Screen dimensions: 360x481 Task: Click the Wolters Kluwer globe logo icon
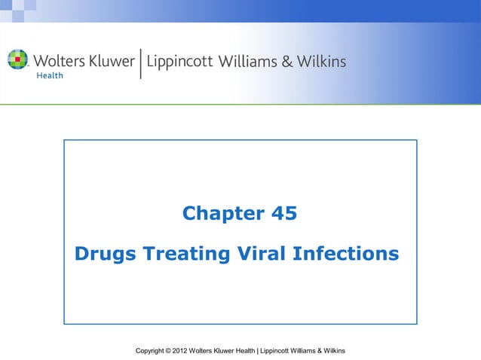point(17,59)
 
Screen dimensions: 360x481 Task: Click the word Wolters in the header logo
point(56,60)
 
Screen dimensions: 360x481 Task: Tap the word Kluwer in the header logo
point(110,60)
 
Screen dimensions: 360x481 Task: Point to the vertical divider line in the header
point(141,63)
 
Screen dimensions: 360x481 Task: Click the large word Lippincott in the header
point(179,62)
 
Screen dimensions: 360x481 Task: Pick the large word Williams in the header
point(247,60)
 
